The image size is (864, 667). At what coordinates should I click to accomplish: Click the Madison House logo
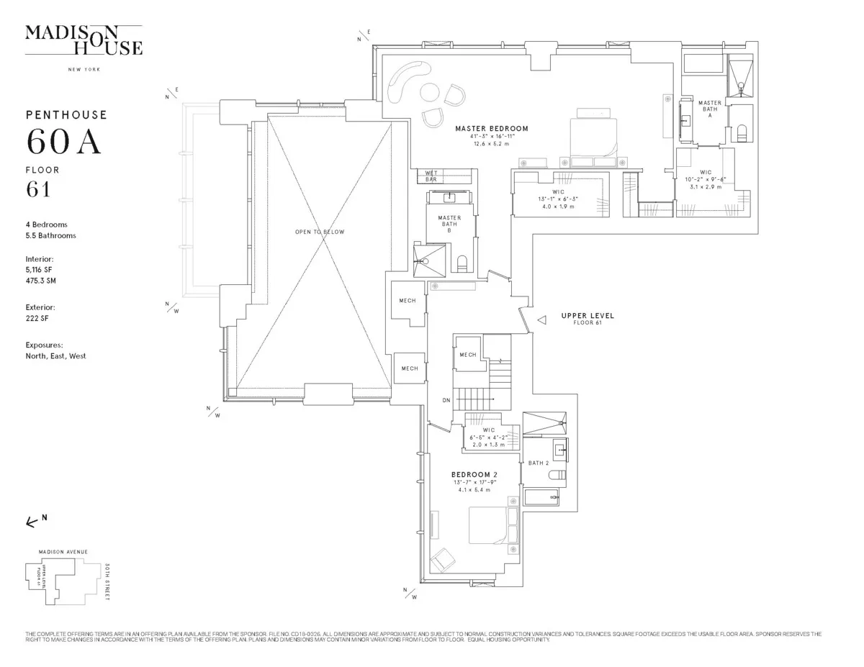[84, 41]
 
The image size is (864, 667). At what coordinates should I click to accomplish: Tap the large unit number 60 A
[63, 142]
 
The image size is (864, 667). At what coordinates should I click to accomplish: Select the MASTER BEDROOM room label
[491, 129]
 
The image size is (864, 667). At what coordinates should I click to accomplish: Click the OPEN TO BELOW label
[319, 232]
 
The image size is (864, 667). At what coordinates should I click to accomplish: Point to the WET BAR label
[431, 176]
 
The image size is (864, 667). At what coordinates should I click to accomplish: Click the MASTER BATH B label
[449, 222]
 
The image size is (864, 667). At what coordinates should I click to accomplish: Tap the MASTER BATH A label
[709, 109]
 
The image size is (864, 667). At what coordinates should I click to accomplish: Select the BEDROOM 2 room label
[474, 475]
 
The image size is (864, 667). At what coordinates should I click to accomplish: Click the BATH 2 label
[538, 463]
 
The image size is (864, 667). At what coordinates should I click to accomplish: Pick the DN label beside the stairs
[446, 401]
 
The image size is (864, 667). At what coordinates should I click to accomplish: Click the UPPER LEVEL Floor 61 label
[588, 319]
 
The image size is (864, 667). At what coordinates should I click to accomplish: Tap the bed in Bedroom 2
[489, 525]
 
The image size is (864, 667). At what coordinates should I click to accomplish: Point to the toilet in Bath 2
[557, 476]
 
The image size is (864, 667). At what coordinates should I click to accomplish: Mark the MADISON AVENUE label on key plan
[63, 552]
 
